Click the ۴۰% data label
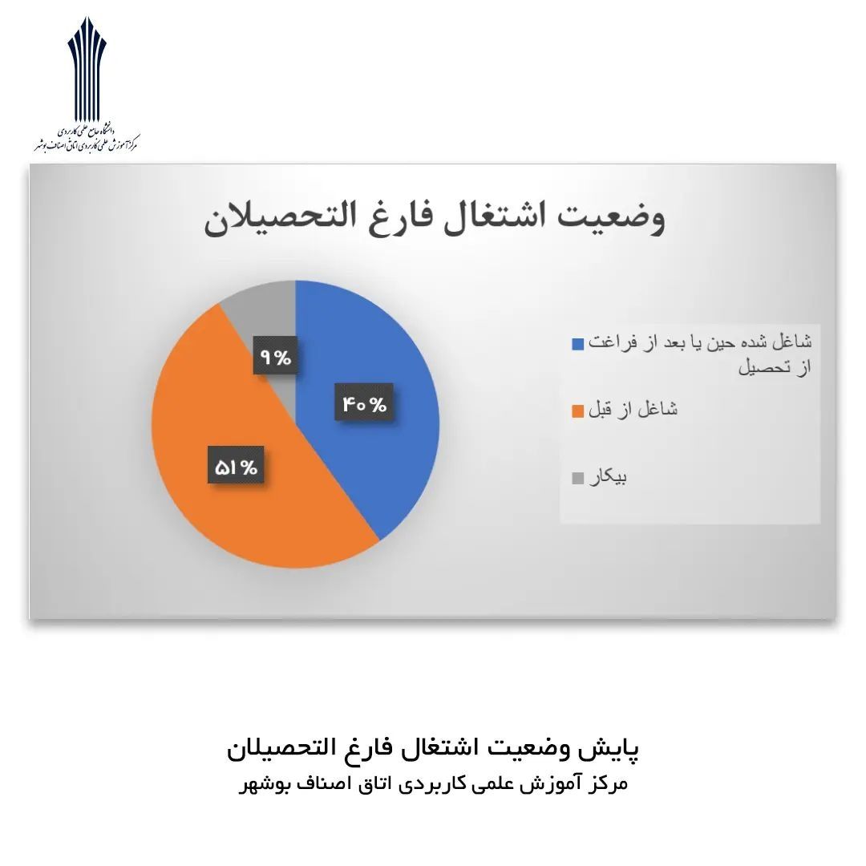click(x=364, y=403)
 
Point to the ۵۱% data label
click(x=236, y=467)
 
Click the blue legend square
click(x=577, y=344)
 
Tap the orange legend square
click(x=577, y=411)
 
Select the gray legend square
click(x=577, y=478)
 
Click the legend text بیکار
click(x=608, y=477)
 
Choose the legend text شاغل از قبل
click(x=633, y=409)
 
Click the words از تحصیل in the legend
click(x=775, y=367)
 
